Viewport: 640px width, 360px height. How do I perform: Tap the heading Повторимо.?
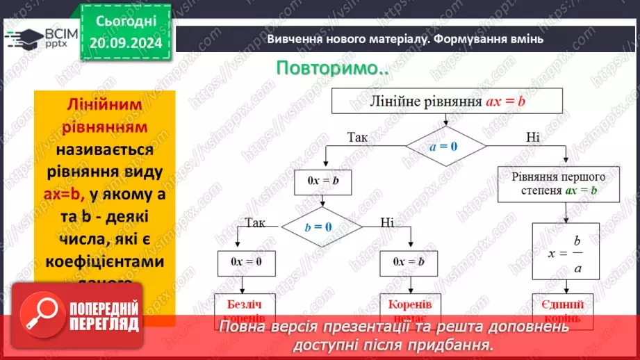332,69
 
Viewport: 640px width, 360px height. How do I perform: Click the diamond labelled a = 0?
446,146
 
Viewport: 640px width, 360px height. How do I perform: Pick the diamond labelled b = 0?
320,227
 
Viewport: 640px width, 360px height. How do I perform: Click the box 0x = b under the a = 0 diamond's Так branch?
322,181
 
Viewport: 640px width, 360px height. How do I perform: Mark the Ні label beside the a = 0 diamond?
533,137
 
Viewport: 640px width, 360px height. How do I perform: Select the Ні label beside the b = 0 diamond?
387,222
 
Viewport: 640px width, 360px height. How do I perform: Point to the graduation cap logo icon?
23,38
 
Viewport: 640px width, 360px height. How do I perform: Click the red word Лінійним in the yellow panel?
104,104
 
